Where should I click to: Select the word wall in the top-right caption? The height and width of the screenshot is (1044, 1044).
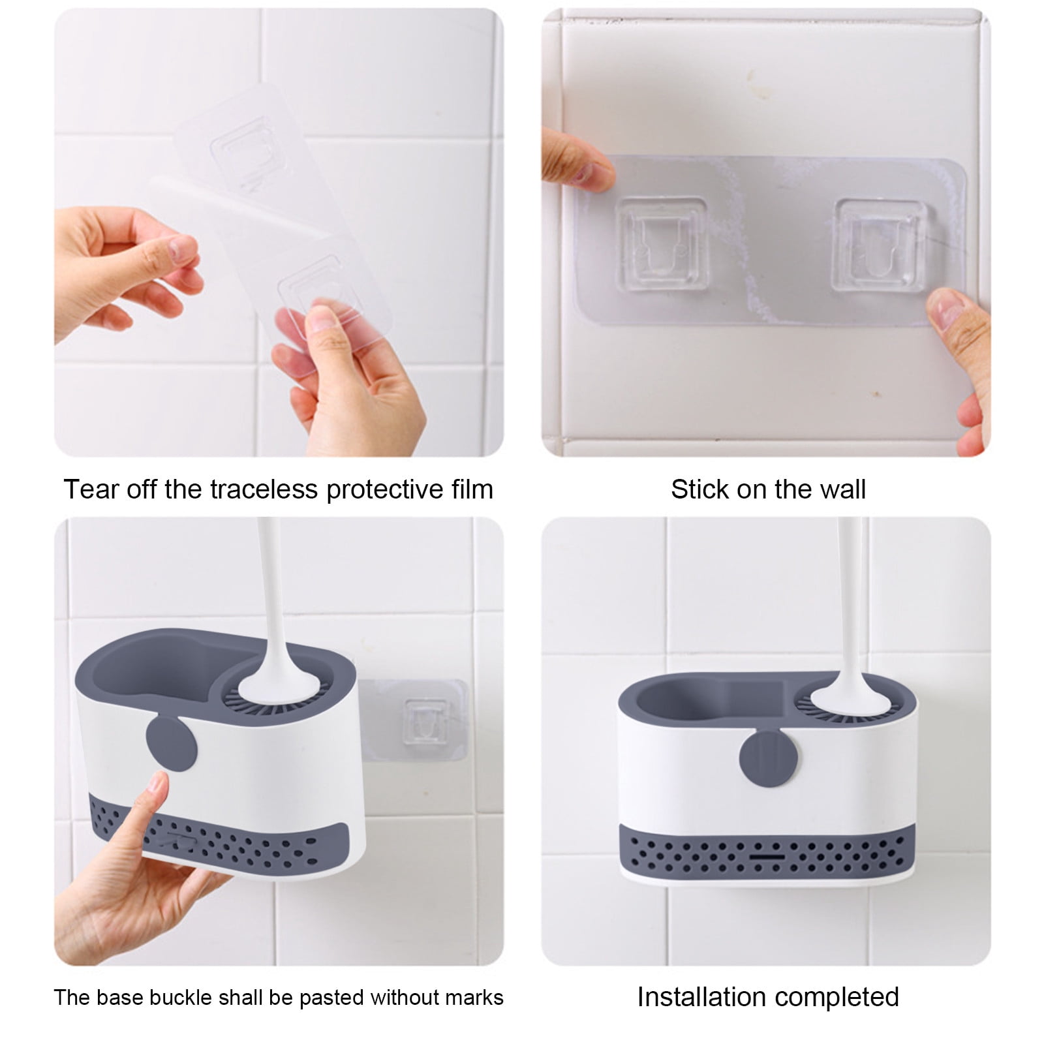pos(840,489)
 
